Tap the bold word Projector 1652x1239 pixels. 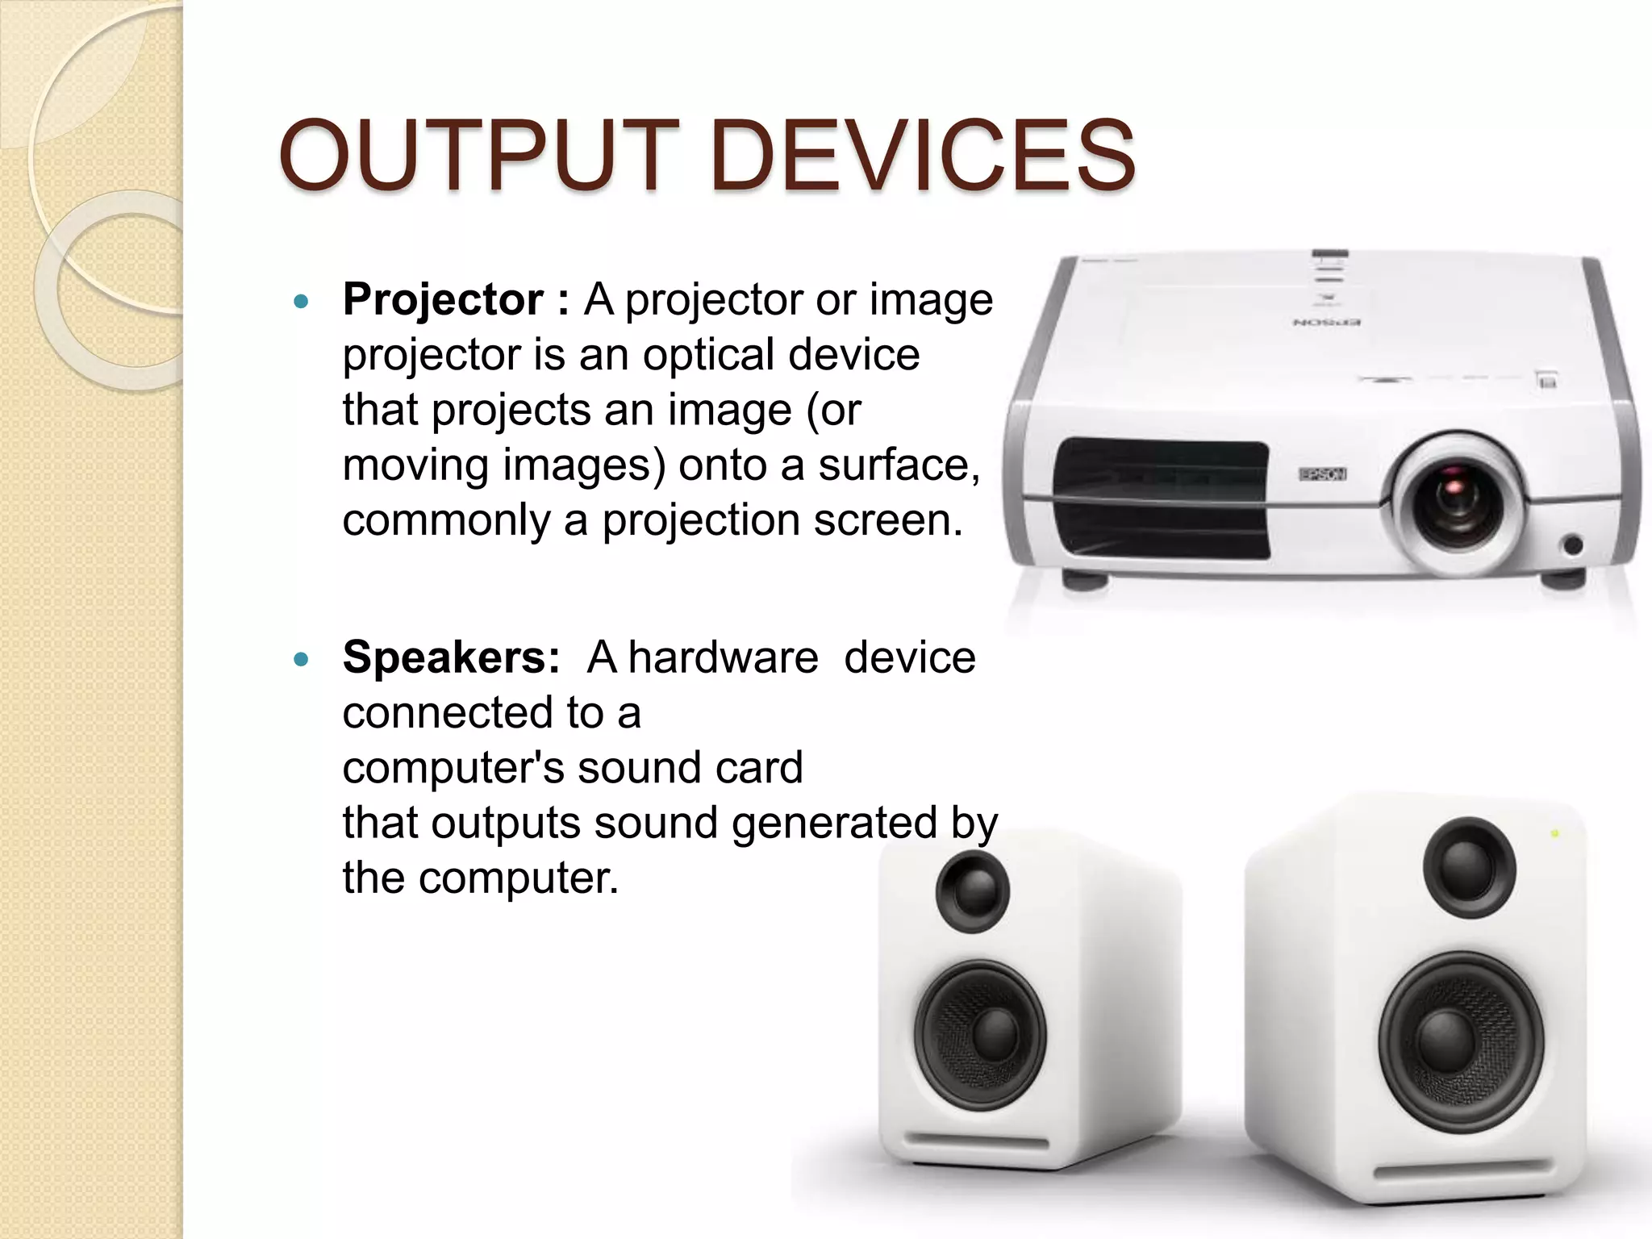click(x=442, y=299)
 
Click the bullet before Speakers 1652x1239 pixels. click(x=302, y=660)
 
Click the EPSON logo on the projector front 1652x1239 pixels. click(x=1322, y=474)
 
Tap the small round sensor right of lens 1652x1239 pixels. click(x=1573, y=545)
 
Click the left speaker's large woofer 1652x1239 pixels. click(x=981, y=1035)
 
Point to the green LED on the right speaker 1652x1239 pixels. click(x=1556, y=833)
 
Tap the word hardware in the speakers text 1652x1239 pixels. click(x=723, y=657)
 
